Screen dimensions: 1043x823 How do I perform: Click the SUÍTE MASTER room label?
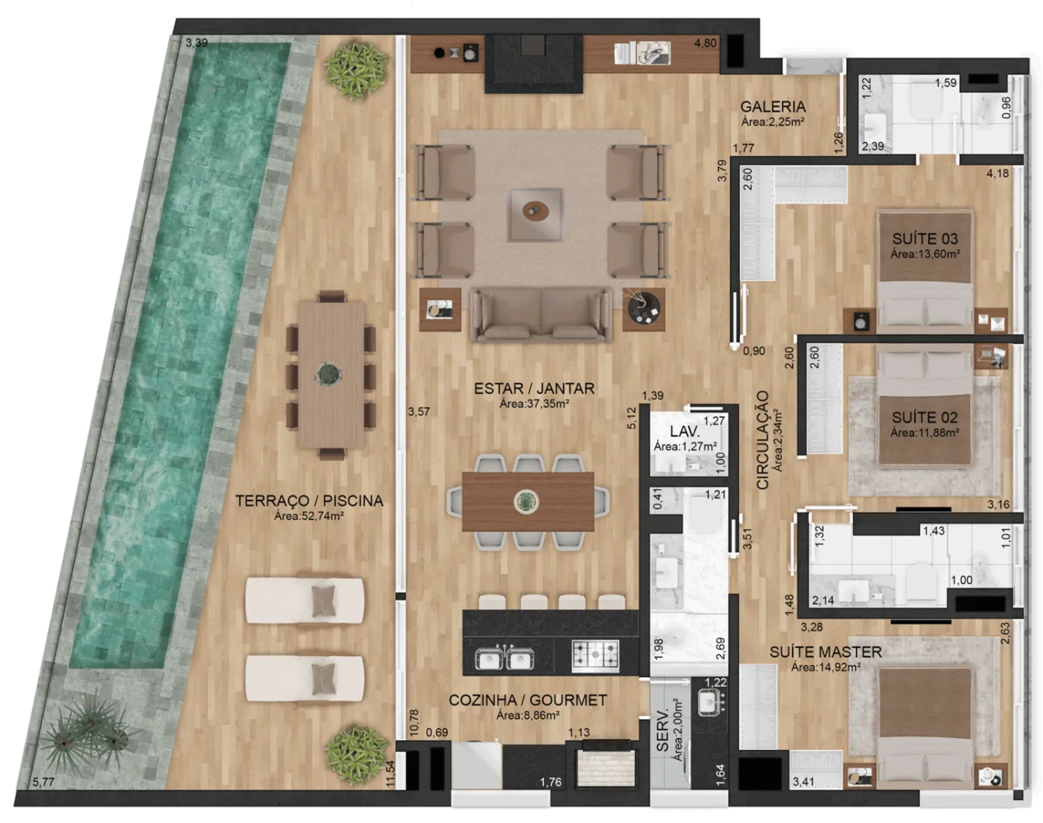click(x=825, y=652)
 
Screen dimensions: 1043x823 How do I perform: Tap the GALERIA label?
click(x=773, y=107)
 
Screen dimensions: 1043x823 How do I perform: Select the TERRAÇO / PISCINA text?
click(x=309, y=501)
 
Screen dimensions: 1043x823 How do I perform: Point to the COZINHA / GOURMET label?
click(x=527, y=700)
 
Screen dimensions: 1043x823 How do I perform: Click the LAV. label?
click(x=685, y=431)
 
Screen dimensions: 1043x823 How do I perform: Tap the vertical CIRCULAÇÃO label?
click(x=762, y=439)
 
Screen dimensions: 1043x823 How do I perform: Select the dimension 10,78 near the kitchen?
click(x=414, y=723)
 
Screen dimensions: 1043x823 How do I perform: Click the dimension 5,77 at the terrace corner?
click(x=43, y=782)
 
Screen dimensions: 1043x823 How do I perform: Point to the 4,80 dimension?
click(x=705, y=43)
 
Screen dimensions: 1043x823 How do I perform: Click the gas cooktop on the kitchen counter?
click(x=595, y=655)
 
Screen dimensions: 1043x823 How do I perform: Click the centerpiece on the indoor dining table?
click(x=527, y=502)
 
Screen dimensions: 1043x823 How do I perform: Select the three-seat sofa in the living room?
click(x=540, y=315)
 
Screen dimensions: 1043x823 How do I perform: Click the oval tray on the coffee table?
click(x=536, y=212)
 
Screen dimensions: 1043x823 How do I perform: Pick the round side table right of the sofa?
click(x=644, y=309)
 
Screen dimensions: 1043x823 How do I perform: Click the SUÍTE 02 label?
click(x=925, y=417)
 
